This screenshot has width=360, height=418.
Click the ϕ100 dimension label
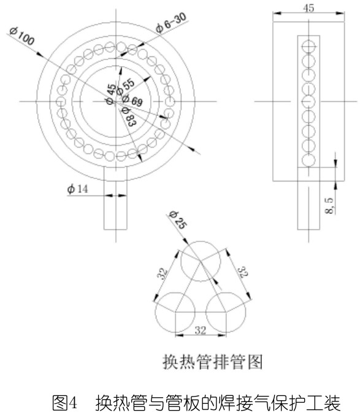click(22, 36)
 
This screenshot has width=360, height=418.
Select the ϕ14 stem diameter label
click(77, 189)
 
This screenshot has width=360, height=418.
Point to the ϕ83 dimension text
click(129, 117)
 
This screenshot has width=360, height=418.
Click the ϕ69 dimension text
click(132, 100)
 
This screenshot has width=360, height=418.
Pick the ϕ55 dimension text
click(125, 86)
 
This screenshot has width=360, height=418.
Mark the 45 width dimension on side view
click(308, 8)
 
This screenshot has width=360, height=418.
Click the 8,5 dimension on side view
click(329, 205)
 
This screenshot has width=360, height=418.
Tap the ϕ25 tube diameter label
click(178, 220)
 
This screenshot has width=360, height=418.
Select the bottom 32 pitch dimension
click(201, 330)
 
